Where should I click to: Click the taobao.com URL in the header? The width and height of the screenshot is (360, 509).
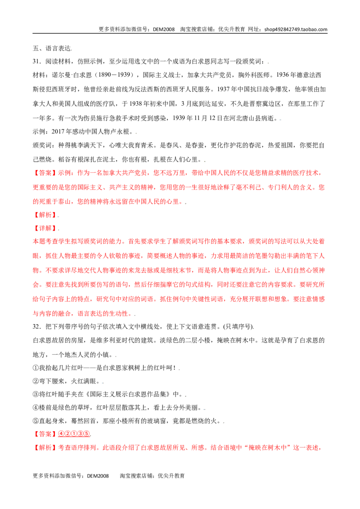(x=296, y=29)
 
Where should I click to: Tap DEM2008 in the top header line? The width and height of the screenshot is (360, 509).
(x=164, y=29)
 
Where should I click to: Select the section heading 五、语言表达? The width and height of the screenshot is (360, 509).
(x=52, y=49)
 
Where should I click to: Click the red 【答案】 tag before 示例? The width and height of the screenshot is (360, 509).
(x=45, y=173)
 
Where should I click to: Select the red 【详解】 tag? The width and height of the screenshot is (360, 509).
(x=45, y=228)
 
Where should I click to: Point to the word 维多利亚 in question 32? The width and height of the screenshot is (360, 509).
(x=103, y=340)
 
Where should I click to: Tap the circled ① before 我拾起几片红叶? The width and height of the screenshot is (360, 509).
(x=36, y=368)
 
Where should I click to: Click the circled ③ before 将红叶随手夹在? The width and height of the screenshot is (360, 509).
(x=36, y=394)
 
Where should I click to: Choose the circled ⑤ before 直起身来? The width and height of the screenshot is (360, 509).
(x=36, y=421)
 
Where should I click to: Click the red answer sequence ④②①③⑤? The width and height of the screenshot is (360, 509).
(x=74, y=434)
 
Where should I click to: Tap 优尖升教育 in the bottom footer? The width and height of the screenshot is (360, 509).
(x=171, y=476)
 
